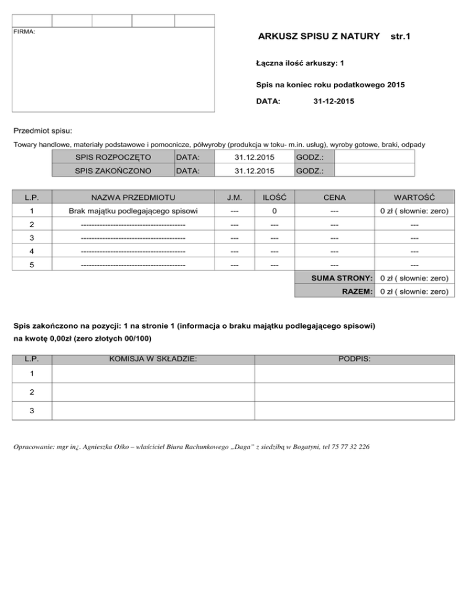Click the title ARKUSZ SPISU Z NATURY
click(x=319, y=37)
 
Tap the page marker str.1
click(x=401, y=37)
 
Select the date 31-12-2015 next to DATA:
click(x=334, y=100)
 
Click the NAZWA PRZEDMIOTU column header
click(x=132, y=197)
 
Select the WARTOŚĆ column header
click(x=414, y=197)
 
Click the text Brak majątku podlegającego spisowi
click(x=132, y=212)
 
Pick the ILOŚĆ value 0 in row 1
click(x=274, y=212)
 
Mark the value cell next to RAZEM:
click(x=414, y=291)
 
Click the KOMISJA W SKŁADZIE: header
click(x=153, y=358)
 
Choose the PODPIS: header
click(x=354, y=358)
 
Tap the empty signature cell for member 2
click(x=354, y=392)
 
